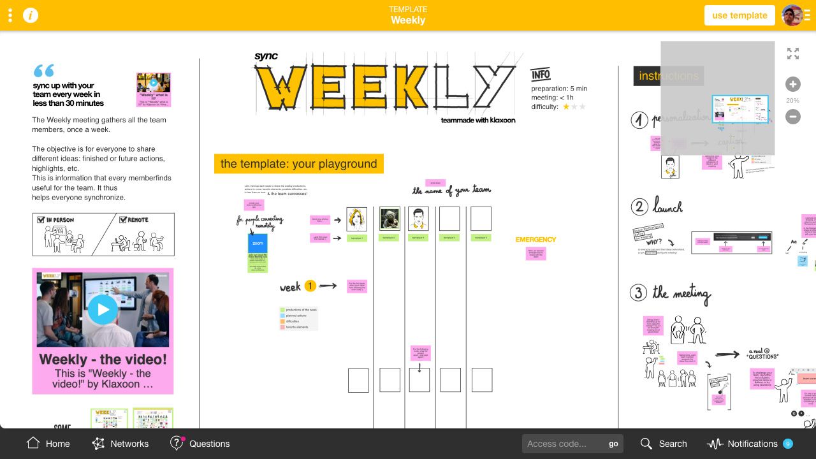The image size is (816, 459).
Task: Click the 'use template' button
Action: click(x=739, y=15)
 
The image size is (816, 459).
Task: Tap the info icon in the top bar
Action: click(x=31, y=15)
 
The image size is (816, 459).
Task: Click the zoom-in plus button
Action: click(x=792, y=84)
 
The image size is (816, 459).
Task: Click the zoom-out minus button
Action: click(x=792, y=117)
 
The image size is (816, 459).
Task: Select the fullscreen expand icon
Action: click(x=793, y=54)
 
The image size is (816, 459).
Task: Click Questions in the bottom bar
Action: click(x=200, y=444)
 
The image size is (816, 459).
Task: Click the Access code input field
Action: click(x=563, y=444)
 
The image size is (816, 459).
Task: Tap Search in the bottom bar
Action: click(x=664, y=444)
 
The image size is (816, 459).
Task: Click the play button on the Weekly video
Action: click(x=103, y=310)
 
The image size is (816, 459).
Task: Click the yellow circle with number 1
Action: click(x=310, y=286)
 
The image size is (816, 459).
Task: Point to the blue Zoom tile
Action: click(x=258, y=244)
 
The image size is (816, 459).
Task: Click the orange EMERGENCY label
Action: click(x=535, y=240)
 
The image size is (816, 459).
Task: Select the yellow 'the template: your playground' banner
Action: click(x=299, y=164)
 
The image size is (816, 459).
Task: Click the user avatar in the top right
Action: click(x=792, y=15)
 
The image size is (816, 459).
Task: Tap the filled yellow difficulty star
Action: click(x=565, y=107)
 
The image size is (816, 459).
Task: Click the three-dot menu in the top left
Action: click(x=10, y=15)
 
